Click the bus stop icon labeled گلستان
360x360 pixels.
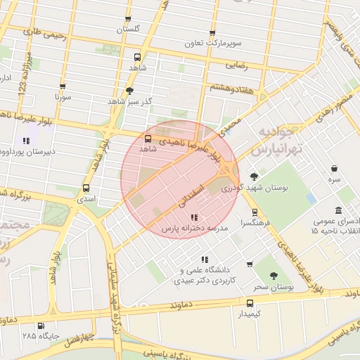point(127,19)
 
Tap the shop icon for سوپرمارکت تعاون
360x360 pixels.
point(212,33)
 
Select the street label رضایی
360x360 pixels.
point(235,65)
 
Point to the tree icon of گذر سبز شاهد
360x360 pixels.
point(129,91)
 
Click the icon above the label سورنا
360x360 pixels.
point(63,86)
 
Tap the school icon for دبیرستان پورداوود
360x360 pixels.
point(27,141)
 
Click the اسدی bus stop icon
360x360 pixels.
point(86,188)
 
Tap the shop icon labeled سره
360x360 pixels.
point(333,169)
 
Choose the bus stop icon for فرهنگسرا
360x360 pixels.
point(255,212)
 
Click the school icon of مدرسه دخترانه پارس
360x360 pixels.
point(195,217)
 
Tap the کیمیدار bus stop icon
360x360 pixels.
point(250,302)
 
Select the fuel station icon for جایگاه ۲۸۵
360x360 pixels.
point(40,326)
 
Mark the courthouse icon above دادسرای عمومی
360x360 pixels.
point(339,210)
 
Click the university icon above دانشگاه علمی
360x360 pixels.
point(205,259)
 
